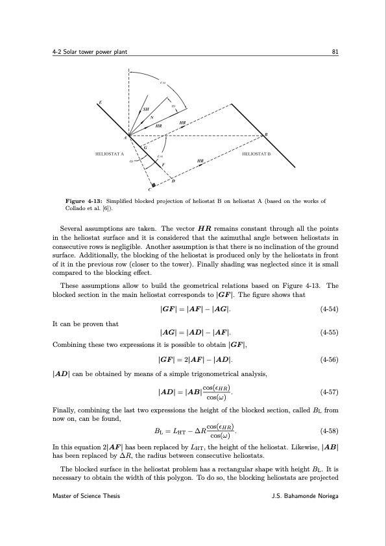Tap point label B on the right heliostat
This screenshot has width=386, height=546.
pos(265,134)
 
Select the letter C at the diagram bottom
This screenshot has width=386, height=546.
pos(149,190)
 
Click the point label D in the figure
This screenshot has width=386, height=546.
pos(173,181)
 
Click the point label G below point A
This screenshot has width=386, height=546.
pos(145,148)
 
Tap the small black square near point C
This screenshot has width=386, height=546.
pos(153,185)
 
